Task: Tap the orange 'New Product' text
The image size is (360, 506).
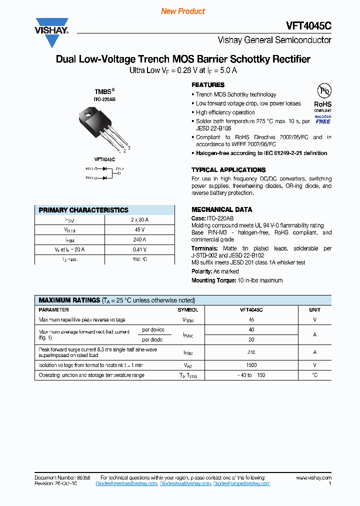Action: (183, 11)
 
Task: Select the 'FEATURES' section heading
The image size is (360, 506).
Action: (208, 85)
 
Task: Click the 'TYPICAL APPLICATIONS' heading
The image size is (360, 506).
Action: (228, 170)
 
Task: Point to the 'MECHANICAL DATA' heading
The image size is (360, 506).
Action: (222, 209)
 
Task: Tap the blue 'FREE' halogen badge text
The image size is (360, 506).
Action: (323, 121)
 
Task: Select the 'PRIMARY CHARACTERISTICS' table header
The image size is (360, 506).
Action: (83, 210)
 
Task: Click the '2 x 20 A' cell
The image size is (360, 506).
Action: (139, 219)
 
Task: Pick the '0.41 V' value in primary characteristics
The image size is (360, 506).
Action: (139, 249)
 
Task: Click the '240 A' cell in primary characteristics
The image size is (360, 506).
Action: (139, 239)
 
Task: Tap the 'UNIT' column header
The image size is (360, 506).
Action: (314, 310)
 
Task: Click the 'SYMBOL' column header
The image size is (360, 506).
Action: (188, 310)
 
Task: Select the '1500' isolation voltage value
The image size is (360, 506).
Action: (251, 365)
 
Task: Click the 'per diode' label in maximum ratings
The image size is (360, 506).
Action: (152, 339)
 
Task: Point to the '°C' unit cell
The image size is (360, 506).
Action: (314, 375)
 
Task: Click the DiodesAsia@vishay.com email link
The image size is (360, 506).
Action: (185, 483)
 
